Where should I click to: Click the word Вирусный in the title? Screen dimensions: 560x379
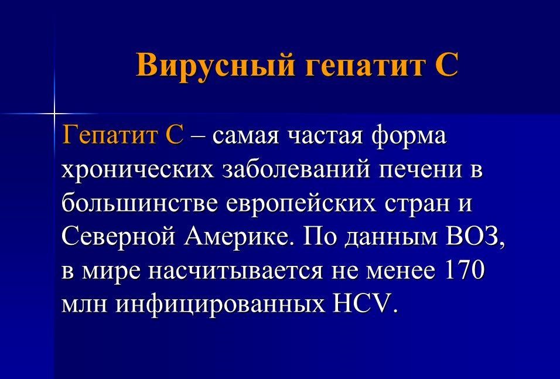[x=215, y=65]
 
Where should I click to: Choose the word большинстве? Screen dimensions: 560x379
[x=139, y=203]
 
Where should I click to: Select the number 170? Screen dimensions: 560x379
[x=464, y=270]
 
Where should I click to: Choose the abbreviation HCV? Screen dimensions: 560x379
[x=363, y=303]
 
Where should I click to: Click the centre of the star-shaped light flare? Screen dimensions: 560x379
[x=54, y=114]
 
